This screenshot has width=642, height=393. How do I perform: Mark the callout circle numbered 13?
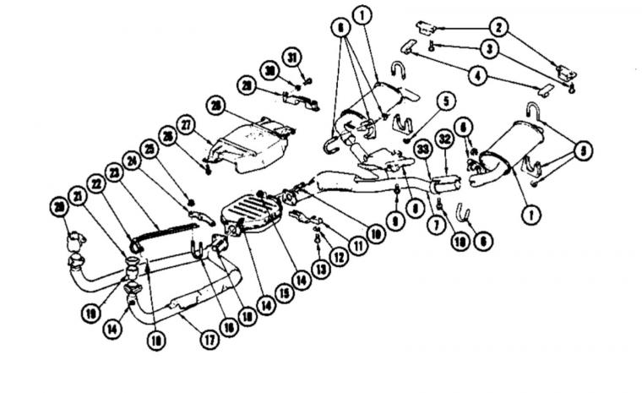(x=316, y=269)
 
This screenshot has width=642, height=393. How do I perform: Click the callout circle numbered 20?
(x=59, y=207)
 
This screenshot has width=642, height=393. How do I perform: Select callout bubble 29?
(x=247, y=86)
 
